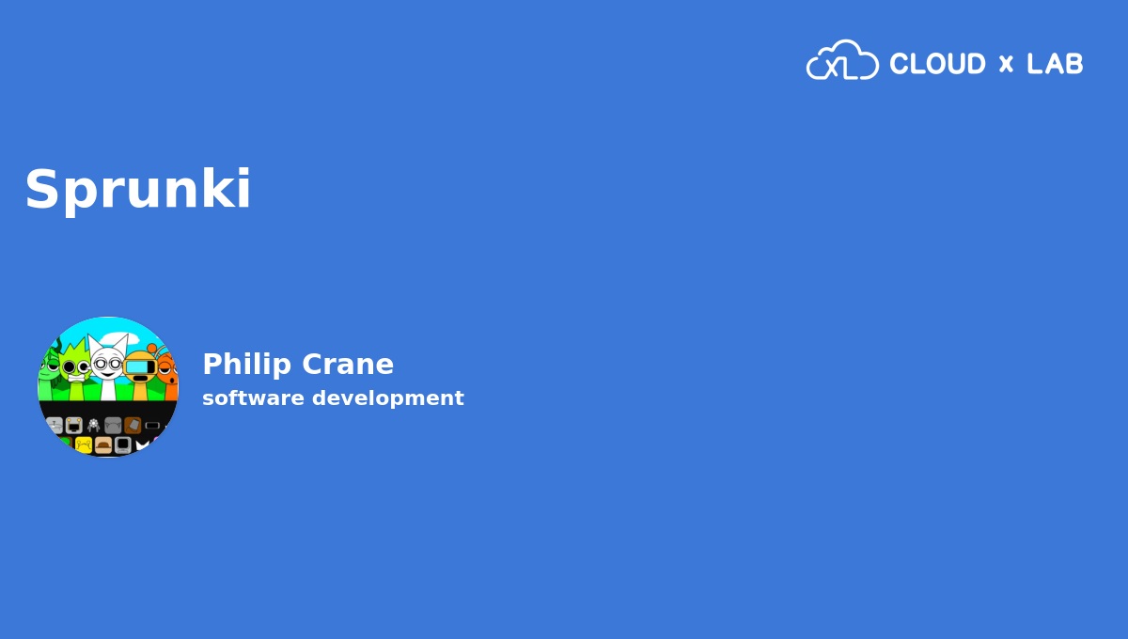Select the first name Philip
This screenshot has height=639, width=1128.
[x=246, y=364]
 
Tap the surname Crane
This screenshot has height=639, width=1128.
[x=348, y=364]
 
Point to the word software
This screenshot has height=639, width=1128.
[x=253, y=397]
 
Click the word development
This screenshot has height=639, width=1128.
[x=387, y=398]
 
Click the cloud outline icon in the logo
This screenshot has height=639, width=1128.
[x=842, y=59]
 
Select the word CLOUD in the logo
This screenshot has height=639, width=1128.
[x=937, y=64]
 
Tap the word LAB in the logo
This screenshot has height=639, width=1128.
[x=1055, y=64]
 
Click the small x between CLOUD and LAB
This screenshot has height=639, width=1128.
[x=1006, y=64]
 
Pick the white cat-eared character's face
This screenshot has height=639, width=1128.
[x=107, y=364]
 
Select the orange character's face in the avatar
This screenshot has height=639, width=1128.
[x=168, y=370]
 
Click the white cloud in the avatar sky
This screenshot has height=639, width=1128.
[x=116, y=338]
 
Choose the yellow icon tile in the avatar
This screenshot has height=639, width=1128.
[x=84, y=445]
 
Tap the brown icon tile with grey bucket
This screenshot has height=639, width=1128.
[x=133, y=426]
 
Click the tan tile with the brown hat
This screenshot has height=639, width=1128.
[x=103, y=445]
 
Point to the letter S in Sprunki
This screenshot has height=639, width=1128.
[x=42, y=189]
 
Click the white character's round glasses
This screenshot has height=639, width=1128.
[x=107, y=364]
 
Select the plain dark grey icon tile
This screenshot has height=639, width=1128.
[x=113, y=426]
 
